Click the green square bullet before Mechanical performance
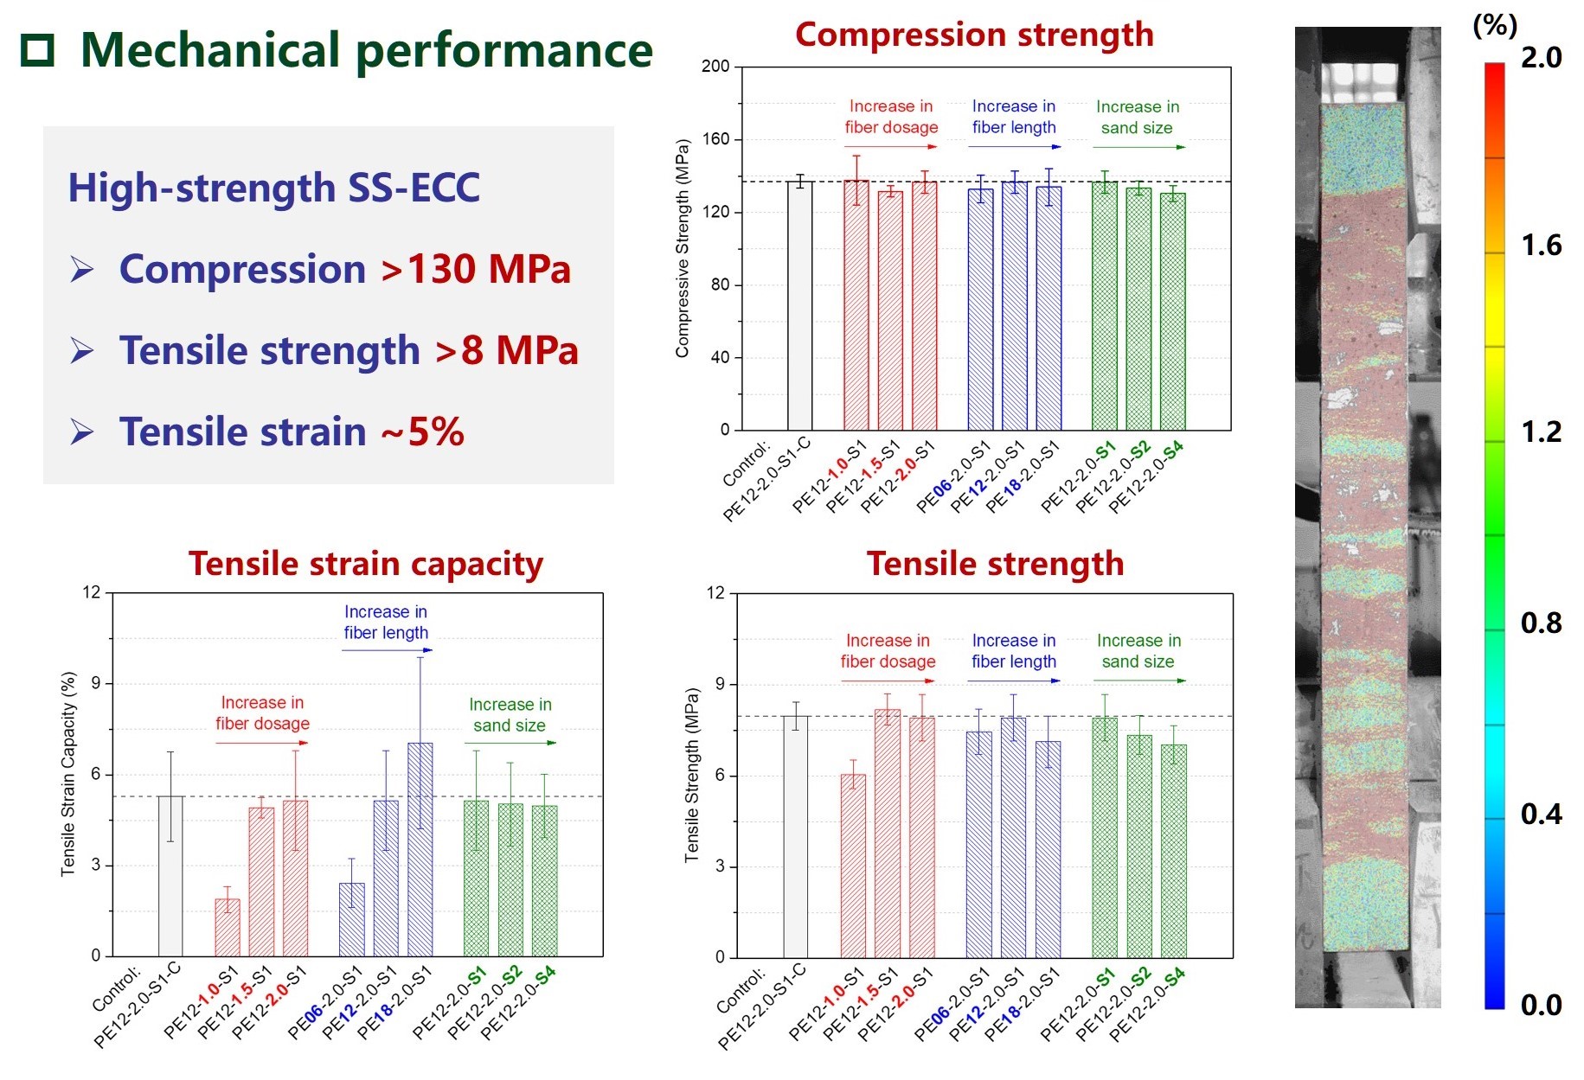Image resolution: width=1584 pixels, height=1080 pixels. [x=37, y=51]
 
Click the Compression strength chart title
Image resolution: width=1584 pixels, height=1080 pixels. [x=974, y=35]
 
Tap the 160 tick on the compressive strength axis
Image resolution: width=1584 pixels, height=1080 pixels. [x=715, y=139]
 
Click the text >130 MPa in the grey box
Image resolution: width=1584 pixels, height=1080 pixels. [x=476, y=269]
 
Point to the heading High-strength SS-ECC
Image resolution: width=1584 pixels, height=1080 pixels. [x=273, y=188]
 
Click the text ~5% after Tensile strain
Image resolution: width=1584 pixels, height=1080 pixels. [x=423, y=431]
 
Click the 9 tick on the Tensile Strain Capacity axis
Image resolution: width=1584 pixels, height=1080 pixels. [x=96, y=683]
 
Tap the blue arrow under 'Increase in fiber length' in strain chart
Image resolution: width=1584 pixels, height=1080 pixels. [x=387, y=650]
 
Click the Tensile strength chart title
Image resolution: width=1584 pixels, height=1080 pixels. [x=995, y=564]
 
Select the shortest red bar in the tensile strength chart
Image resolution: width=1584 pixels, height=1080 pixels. [x=853, y=865]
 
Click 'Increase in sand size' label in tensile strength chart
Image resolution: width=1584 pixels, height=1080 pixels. [x=1138, y=651]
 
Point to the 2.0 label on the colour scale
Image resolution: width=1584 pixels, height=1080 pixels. [x=1541, y=58]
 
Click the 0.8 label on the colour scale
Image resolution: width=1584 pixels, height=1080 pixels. [x=1541, y=623]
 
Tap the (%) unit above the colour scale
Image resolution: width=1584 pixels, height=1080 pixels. [x=1494, y=25]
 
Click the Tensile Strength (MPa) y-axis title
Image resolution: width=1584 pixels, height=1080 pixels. [x=691, y=775]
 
